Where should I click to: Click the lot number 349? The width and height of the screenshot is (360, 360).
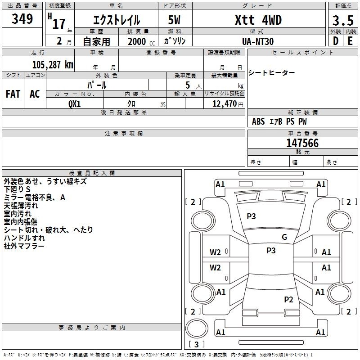[22, 18]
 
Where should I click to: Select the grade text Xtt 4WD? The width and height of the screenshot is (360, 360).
[258, 20]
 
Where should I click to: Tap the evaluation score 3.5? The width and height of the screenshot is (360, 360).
[343, 20]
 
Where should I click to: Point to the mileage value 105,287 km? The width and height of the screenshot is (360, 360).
[53, 65]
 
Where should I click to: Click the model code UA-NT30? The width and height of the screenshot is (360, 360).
[258, 41]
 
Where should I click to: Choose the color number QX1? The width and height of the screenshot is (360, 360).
[74, 104]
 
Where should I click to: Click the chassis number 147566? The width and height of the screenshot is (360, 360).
[302, 143]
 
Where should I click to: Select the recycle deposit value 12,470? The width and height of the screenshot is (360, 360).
[224, 103]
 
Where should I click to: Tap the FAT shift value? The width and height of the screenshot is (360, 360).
[13, 94]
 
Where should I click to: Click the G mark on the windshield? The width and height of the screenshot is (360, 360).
[284, 237]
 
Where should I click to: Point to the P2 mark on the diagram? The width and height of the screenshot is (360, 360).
[288, 299]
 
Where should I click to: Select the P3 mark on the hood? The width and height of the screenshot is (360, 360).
[251, 216]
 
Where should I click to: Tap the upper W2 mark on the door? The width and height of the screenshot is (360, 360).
[215, 252]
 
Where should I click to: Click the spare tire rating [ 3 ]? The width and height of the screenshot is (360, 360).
[196, 344]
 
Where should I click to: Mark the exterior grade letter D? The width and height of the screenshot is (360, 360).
[336, 41]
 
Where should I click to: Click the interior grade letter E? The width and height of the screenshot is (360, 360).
[350, 41]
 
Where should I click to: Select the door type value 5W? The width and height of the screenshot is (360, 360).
[174, 20]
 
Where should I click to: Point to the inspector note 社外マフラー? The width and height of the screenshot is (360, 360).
[24, 246]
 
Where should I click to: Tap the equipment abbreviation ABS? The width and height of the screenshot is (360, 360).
[258, 121]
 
